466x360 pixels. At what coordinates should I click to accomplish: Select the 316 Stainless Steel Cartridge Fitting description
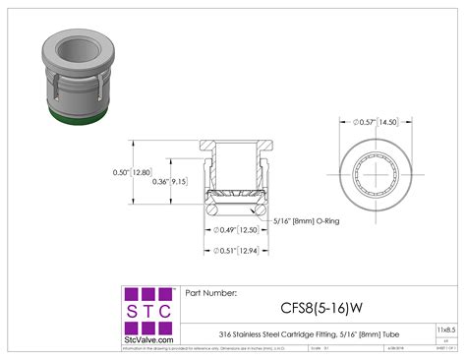(305, 330)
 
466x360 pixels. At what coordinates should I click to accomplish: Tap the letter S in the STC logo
(131, 311)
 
